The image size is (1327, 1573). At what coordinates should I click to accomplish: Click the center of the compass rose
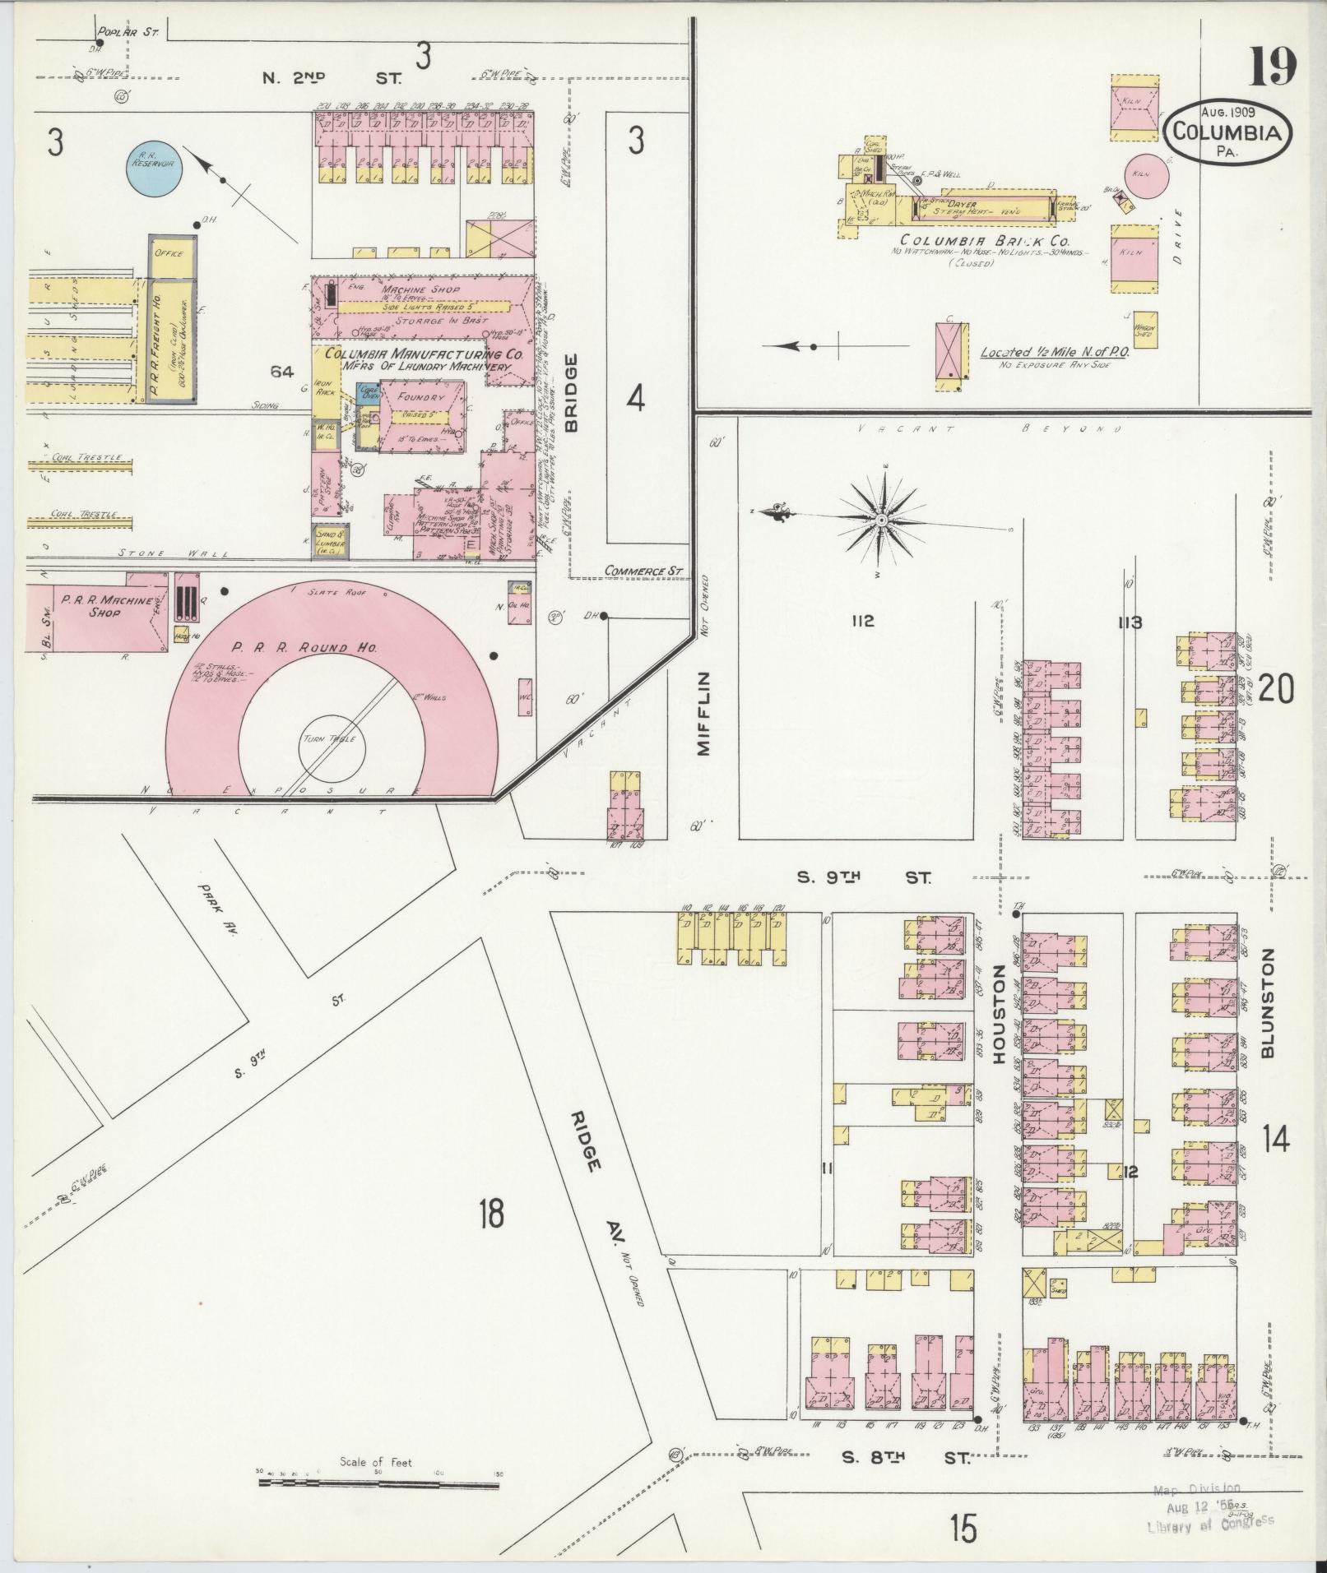tap(880, 520)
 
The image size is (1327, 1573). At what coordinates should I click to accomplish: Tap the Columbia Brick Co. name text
tap(982, 240)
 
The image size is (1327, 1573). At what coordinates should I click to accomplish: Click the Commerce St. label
tap(643, 571)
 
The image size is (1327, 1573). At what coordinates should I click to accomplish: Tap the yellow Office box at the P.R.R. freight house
tap(169, 253)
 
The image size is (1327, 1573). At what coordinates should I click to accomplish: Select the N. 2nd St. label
tap(331, 78)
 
